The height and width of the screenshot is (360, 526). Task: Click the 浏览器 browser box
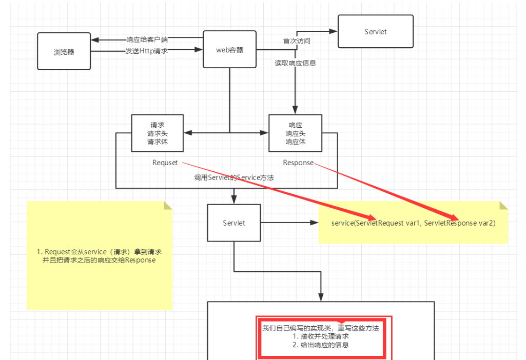[64, 51]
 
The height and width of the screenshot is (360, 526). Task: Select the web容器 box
[229, 50]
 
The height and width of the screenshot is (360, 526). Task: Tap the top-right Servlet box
[376, 32]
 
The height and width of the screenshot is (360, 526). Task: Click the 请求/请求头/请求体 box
[157, 133]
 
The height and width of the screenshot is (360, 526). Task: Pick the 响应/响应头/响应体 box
[295, 133]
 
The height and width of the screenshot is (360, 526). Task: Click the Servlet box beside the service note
[234, 223]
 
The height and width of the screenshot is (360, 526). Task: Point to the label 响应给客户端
[147, 39]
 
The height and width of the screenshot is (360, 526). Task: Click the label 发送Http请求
[147, 51]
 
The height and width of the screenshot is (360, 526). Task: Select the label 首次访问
[297, 41]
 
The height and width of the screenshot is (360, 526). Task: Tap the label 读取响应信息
[295, 63]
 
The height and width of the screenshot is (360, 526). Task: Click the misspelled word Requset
[165, 163]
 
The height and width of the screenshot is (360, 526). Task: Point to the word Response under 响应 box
[298, 163]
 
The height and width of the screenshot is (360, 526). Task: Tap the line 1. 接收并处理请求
[321, 336]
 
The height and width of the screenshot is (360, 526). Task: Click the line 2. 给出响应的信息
[321, 345]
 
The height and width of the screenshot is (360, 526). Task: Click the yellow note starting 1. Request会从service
[99, 256]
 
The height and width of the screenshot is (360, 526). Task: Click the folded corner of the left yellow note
[167, 206]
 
